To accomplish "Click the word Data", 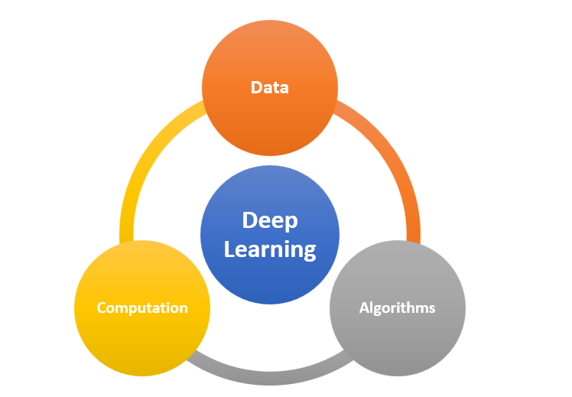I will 269,87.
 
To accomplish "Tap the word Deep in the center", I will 269,221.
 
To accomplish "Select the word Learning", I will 269,249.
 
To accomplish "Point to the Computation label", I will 142,308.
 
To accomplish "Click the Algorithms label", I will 397,308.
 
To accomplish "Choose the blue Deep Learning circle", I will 269,191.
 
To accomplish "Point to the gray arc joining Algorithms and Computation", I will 269,374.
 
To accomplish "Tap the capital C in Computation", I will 102,308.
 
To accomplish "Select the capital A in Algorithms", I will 364,308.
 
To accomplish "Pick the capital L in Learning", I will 229,249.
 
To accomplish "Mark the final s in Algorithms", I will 431,308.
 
